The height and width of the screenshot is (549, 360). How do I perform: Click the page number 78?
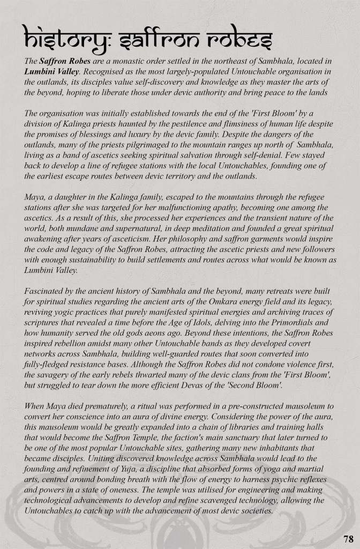(x=348, y=538)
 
